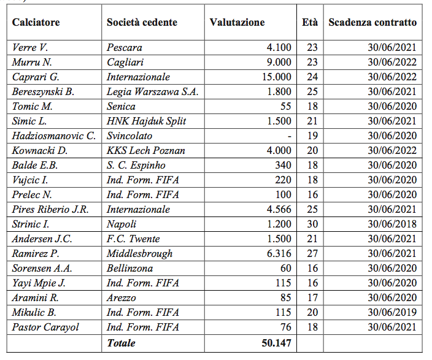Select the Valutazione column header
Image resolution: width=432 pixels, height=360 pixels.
point(237,23)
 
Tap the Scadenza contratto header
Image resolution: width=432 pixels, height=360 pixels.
point(372,23)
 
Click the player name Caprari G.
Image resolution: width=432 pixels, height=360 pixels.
point(34,77)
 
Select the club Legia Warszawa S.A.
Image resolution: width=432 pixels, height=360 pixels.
point(152,92)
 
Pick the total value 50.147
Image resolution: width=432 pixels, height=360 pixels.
point(276,343)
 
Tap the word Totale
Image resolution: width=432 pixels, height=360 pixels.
point(121,343)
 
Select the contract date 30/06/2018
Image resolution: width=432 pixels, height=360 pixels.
point(392,224)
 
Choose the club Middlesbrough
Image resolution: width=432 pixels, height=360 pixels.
point(139,254)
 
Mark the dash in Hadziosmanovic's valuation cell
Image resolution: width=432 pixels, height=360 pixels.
point(288,136)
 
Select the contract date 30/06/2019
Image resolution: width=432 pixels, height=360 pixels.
point(392,313)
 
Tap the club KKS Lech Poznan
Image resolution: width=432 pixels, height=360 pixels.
point(145,151)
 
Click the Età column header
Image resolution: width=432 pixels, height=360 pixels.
point(310,23)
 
